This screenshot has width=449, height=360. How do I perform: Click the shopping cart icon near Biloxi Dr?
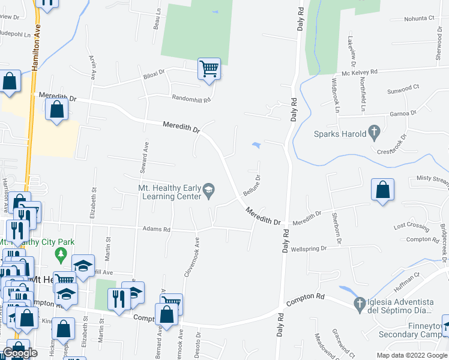point(209,68)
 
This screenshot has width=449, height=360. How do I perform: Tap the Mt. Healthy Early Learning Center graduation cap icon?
point(208,191)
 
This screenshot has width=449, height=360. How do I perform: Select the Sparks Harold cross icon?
point(373,131)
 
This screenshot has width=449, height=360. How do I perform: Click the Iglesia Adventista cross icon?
point(360,304)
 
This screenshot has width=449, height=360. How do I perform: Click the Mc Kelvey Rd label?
point(360,72)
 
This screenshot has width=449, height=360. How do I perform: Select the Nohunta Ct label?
point(419,19)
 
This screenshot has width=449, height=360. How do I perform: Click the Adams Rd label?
point(157,229)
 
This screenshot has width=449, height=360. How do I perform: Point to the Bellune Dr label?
point(253,186)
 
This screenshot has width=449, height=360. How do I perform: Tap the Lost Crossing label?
point(411,226)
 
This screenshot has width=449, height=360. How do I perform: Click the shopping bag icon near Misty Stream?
point(382,190)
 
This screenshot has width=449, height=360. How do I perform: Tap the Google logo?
point(20,353)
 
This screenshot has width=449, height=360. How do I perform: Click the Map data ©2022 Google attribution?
point(411,355)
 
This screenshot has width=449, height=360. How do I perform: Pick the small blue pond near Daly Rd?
point(256,145)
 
